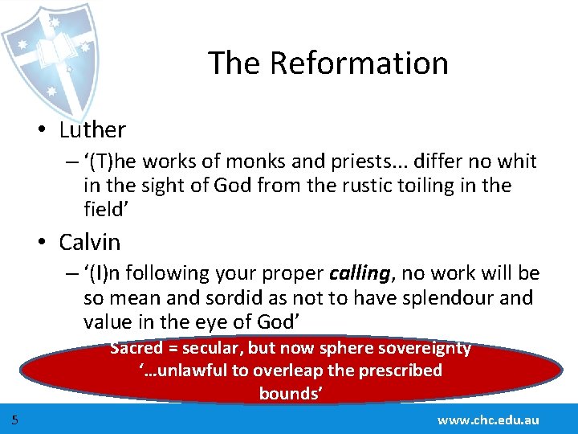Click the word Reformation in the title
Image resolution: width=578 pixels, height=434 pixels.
pos(359,63)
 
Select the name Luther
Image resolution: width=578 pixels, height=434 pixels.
pos(92,129)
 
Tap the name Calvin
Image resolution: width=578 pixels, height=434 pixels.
pos(89,242)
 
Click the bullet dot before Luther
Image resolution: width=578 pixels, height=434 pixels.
pos(50,130)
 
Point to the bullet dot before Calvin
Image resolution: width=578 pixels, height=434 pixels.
pos(50,243)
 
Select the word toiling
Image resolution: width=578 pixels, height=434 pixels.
pos(417,186)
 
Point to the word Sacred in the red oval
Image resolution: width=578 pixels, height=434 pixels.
pos(136,349)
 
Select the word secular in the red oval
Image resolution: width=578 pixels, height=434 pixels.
pos(213,349)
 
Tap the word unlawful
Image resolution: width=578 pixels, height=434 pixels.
pos(189,371)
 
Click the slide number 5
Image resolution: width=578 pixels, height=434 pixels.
pos(15,420)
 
